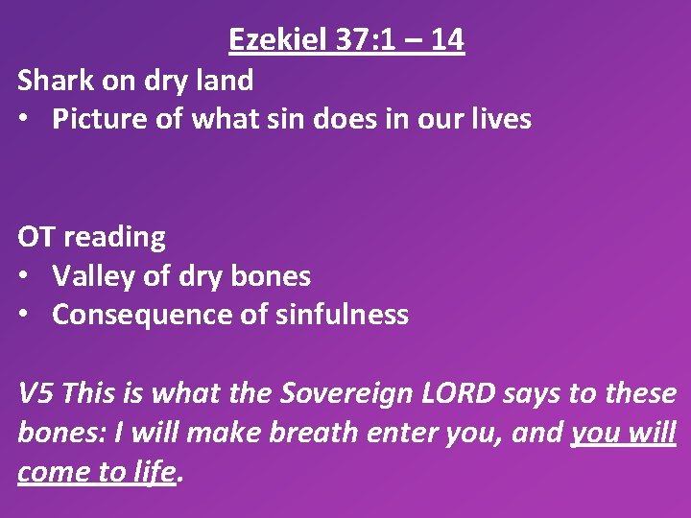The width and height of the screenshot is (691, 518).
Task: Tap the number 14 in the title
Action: pos(448,39)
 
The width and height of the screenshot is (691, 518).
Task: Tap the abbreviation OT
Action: pos(35,236)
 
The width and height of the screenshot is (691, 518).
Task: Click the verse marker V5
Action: pos(36,393)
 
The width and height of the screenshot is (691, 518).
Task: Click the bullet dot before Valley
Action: pos(25,276)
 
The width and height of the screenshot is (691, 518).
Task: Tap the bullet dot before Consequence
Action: pos(25,315)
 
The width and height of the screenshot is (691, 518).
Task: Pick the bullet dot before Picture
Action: pos(25,119)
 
